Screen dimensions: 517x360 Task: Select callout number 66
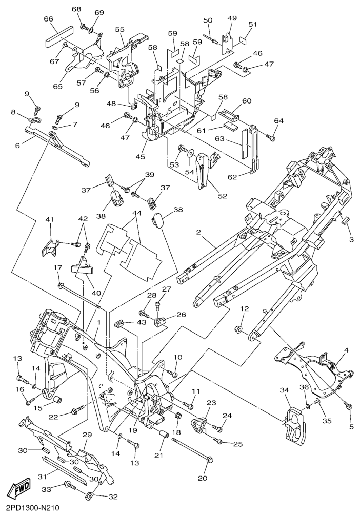pos(49,19)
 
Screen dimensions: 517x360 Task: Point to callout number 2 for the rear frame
pos(198,232)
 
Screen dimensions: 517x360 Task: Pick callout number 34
pos(285,391)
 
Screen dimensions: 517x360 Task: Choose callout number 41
pos(49,220)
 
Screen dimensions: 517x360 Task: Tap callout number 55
pos(119,30)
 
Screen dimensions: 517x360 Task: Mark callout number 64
pos(278,121)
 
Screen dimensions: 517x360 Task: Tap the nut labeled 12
pos(239,329)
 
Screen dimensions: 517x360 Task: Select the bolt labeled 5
pos(348,406)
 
